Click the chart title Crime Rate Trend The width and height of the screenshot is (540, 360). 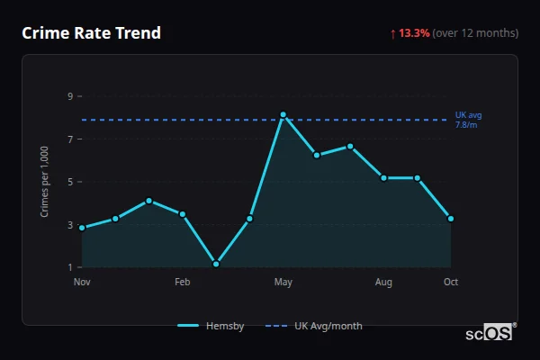(x=91, y=33)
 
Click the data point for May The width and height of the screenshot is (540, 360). (x=283, y=114)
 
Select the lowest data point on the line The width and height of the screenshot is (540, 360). (x=216, y=264)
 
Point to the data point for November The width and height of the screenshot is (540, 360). (x=82, y=228)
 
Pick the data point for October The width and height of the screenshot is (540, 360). (x=451, y=219)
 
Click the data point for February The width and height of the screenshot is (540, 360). (x=183, y=214)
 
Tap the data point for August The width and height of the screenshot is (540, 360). (x=383, y=178)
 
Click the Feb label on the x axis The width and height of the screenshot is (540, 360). (x=183, y=283)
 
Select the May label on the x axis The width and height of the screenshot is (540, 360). (x=283, y=283)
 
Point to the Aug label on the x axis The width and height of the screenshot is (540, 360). (x=383, y=283)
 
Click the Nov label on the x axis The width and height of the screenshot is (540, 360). (x=82, y=283)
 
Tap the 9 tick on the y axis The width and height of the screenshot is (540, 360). (x=69, y=96)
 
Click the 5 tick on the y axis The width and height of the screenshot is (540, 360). (x=69, y=182)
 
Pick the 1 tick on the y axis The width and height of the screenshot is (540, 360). (x=69, y=267)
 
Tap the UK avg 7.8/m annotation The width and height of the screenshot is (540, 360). (x=468, y=120)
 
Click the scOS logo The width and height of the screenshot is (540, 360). (x=490, y=332)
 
